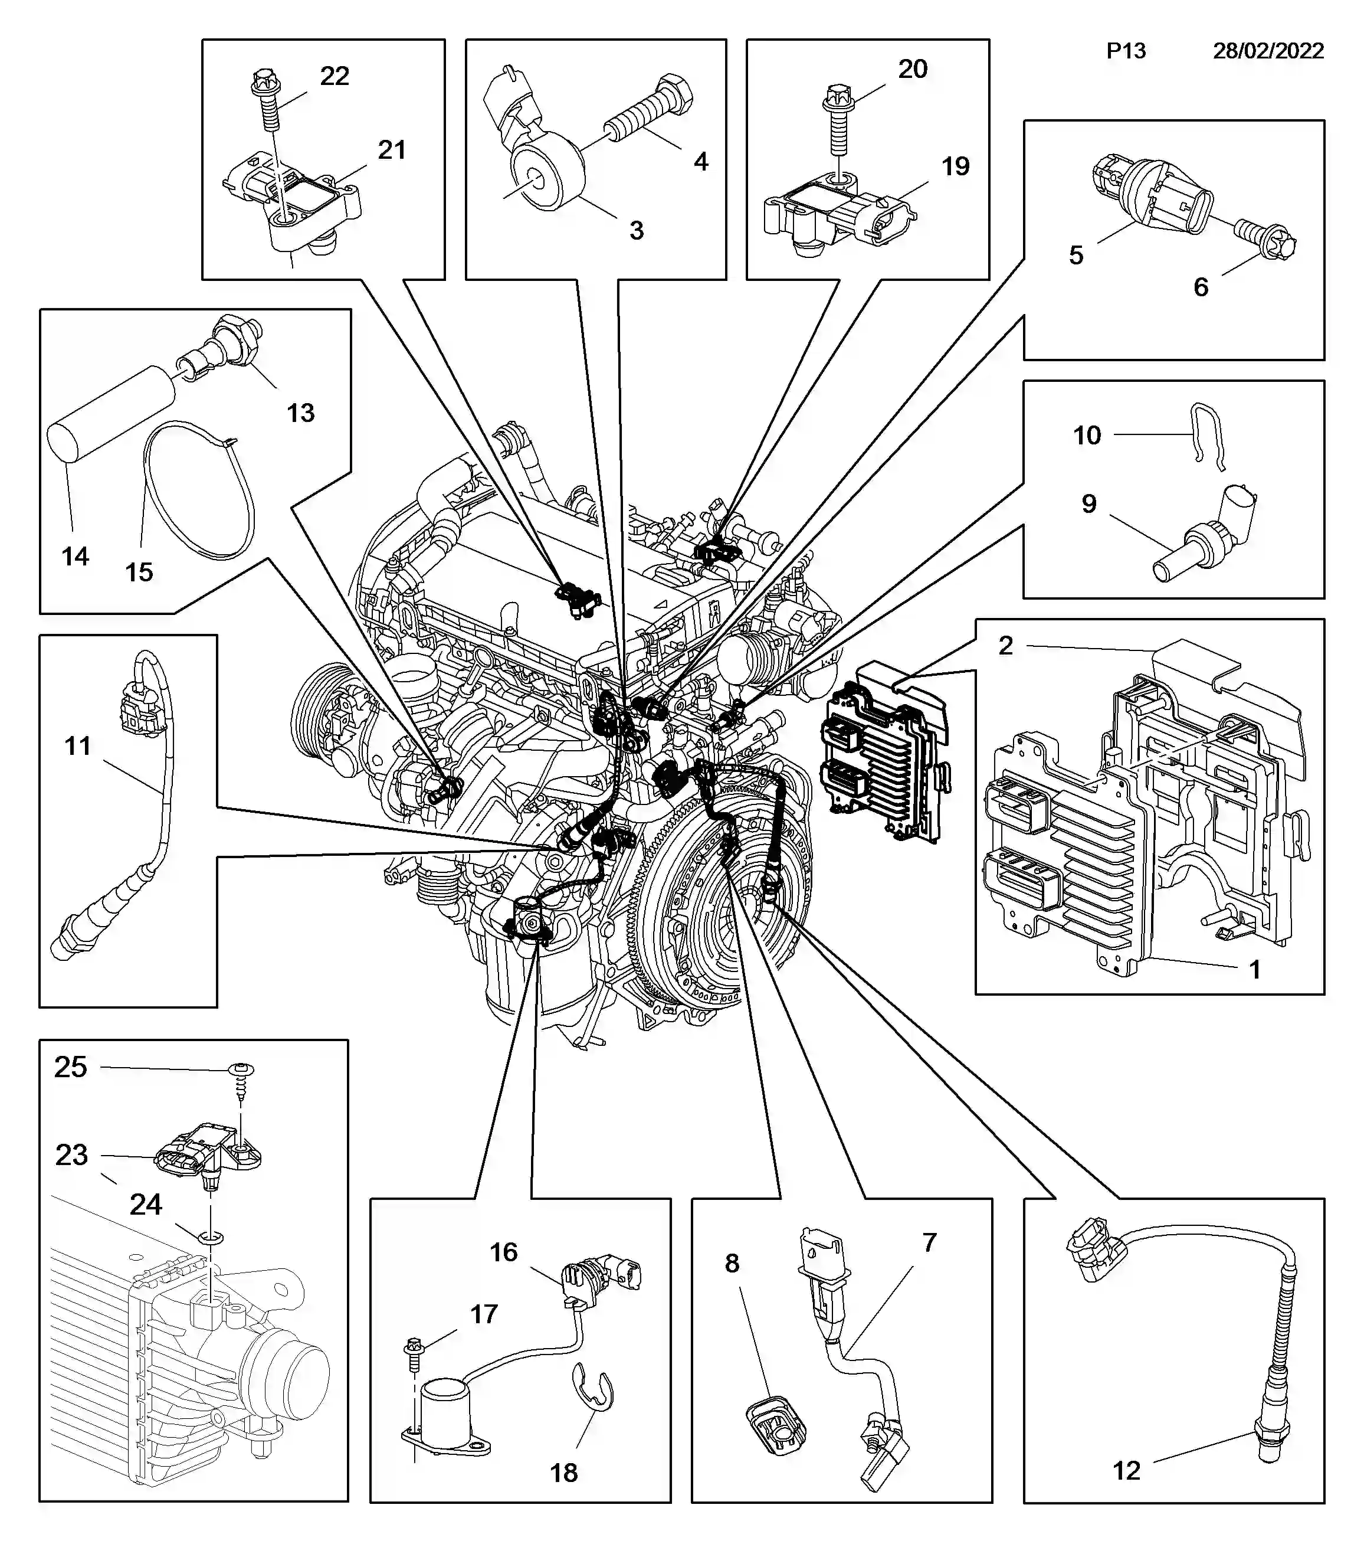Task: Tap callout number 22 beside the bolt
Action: tap(334, 76)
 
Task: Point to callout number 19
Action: tap(955, 166)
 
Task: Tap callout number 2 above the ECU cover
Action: tap(1005, 646)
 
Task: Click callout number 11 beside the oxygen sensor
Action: tap(78, 746)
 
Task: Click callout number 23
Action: tap(72, 1155)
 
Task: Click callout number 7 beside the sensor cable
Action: tap(929, 1242)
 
